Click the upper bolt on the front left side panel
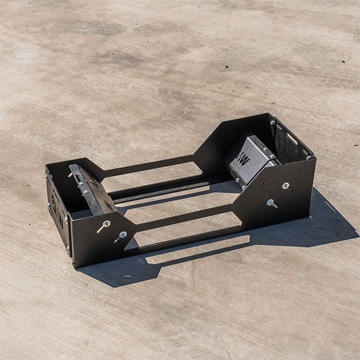106,223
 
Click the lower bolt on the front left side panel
122,234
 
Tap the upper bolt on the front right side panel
285,186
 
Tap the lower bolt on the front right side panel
270,202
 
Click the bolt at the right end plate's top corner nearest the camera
309,157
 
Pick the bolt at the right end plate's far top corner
272,121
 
